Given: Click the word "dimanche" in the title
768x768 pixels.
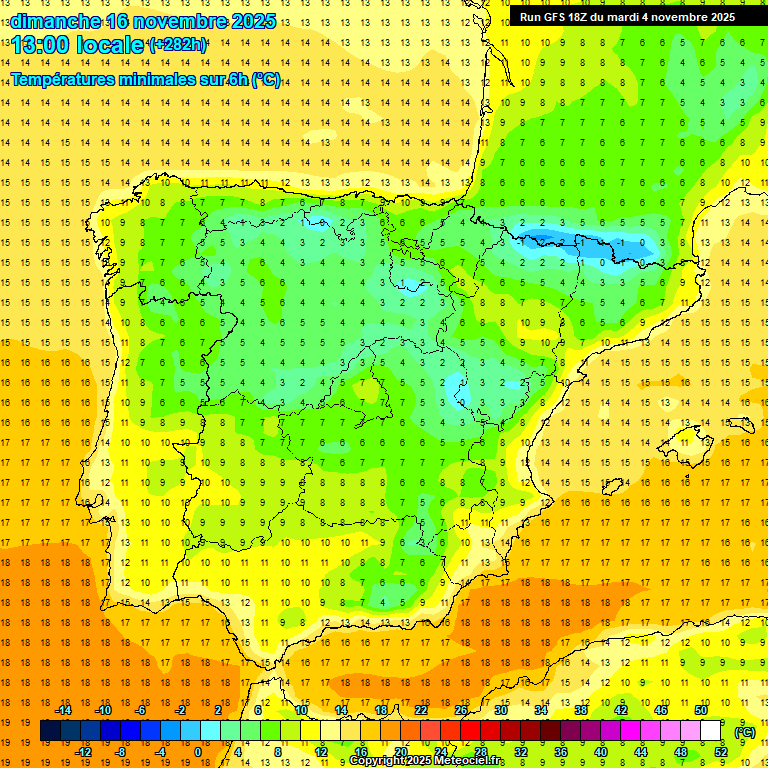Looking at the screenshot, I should point(56,21).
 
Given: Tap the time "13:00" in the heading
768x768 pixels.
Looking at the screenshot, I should point(43,44).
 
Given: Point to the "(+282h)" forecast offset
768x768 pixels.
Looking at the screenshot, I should point(178,44).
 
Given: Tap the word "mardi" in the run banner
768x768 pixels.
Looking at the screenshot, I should point(627,17).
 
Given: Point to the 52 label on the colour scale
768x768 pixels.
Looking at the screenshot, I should point(721,752).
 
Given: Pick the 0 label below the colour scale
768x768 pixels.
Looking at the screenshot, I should point(198,752).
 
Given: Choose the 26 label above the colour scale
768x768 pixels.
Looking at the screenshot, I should point(461,710).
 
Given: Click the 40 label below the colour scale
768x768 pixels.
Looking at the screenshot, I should point(601,752).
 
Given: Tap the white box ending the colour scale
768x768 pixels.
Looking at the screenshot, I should point(711,731).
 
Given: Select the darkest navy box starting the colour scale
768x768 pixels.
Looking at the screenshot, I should point(50,731).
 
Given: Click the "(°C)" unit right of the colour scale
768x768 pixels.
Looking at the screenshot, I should point(744,731).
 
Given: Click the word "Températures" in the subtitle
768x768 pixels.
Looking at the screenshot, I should point(59,80).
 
